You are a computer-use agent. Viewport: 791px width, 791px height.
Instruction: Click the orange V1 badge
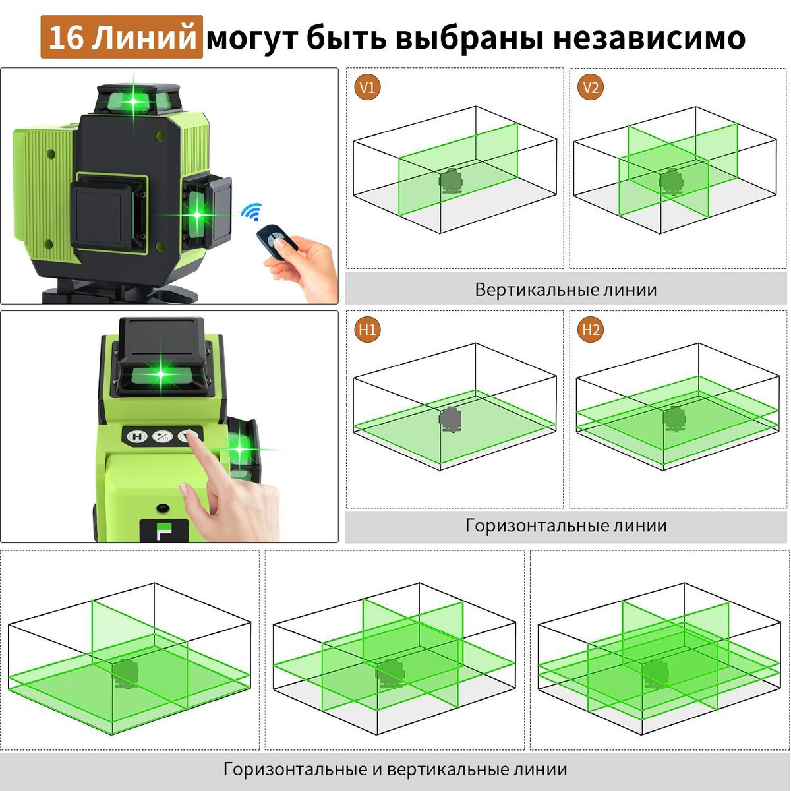point(367,87)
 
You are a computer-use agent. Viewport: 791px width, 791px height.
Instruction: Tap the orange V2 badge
point(590,87)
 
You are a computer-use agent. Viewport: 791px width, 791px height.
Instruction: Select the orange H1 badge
point(367,329)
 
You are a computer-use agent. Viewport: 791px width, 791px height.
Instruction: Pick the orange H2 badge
point(590,329)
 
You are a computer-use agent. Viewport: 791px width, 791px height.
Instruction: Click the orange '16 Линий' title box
point(121,37)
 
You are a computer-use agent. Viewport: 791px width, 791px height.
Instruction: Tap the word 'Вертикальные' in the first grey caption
point(536,290)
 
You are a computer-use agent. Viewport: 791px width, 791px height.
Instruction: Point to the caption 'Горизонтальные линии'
point(566,525)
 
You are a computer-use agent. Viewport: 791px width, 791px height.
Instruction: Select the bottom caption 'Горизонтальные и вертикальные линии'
point(395,769)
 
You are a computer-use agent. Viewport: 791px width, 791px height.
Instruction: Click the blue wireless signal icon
point(251,212)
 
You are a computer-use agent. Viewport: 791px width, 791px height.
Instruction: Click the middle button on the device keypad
point(161,436)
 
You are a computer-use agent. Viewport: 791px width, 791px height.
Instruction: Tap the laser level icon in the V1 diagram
point(451,181)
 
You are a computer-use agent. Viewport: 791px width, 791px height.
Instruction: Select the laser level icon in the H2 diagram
point(674,419)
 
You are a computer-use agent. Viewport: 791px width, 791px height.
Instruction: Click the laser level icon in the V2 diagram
point(672,181)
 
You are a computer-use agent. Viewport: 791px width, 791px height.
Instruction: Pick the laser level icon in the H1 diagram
point(451,419)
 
